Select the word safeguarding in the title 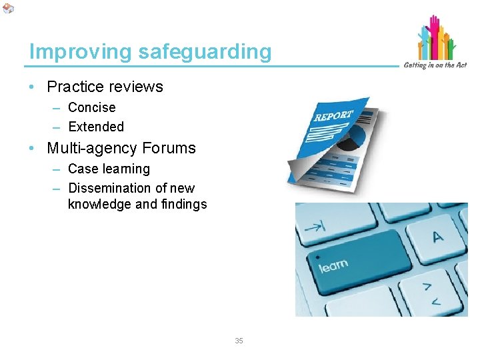(205, 51)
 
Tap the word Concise (92, 107)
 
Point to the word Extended (96, 127)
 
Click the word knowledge (99, 204)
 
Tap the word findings (183, 204)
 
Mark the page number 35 (239, 341)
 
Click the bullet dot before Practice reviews (33, 87)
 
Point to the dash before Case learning (57, 169)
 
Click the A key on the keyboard (437, 236)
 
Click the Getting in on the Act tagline (435, 65)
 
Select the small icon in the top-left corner (8, 8)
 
